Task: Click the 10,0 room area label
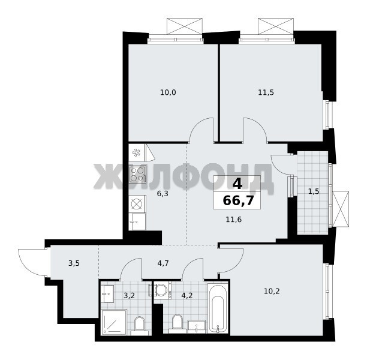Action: [168, 92]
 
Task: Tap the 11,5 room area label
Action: [266, 92]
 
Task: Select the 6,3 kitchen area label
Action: [163, 194]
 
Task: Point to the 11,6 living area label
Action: [234, 220]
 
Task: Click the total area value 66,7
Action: [238, 200]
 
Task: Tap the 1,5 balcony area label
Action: [314, 191]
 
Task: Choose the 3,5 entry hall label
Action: [74, 263]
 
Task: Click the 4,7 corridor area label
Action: [163, 263]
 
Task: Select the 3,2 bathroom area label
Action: [129, 296]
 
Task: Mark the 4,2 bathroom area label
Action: [187, 296]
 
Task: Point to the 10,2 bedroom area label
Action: [272, 292]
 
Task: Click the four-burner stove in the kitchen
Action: [138, 174]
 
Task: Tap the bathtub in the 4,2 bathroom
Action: [218, 307]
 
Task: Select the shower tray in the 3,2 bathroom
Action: [114, 322]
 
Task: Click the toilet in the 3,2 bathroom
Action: [140, 326]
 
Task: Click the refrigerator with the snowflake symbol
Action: [137, 152]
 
